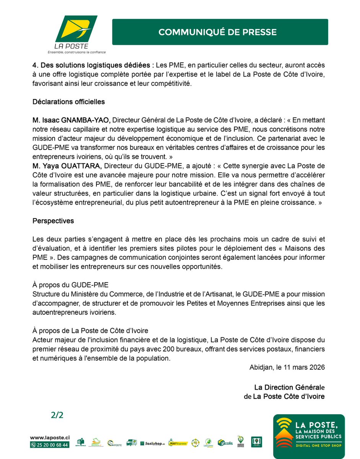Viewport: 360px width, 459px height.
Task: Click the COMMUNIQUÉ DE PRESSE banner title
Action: coord(217,32)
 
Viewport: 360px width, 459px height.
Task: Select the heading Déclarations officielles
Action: coord(69,102)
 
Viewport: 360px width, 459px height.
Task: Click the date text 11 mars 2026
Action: coord(304,367)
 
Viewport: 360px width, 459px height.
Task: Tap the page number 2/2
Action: coord(57,416)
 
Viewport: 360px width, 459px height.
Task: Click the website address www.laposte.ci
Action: coord(50,437)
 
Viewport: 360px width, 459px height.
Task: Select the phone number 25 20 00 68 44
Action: coord(53,445)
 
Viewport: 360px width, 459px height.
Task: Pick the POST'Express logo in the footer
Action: coord(178,443)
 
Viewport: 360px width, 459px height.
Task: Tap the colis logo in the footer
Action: coord(225,443)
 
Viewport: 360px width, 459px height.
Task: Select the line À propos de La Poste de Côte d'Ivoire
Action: coord(90,330)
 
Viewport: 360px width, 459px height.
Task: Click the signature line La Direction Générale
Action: coord(289,387)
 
